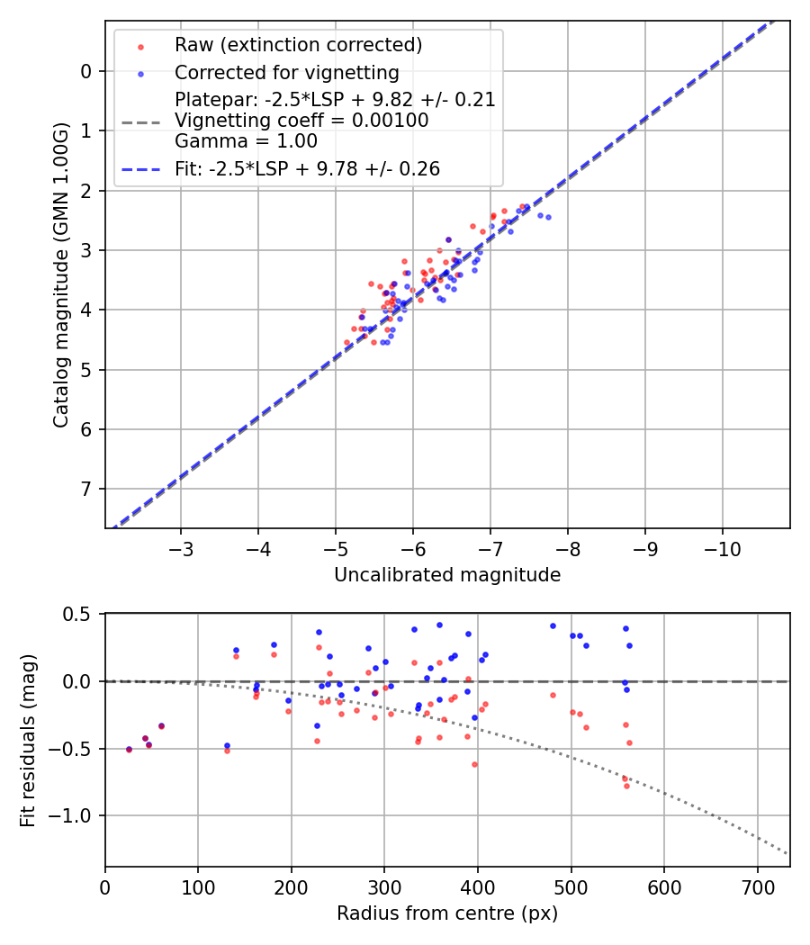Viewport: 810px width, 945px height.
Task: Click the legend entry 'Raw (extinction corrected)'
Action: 298,45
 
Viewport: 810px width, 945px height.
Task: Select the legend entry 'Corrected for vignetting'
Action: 287,73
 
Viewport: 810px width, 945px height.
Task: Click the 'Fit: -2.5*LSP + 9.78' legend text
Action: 307,169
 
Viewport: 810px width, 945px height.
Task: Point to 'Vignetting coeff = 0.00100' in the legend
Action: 301,120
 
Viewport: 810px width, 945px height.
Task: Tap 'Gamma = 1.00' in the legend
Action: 246,140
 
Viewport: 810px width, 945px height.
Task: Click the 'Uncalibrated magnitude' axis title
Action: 447,575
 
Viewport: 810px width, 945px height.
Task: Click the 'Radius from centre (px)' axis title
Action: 447,913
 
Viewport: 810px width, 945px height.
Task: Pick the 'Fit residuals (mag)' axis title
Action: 28,740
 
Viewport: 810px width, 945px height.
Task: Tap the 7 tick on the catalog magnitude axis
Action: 85,489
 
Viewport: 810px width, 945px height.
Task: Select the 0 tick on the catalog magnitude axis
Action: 85,71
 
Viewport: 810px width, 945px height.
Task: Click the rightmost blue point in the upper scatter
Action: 548,217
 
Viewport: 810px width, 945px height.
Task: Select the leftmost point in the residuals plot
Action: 129,749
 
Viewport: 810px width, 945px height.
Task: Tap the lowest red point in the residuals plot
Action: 627,786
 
